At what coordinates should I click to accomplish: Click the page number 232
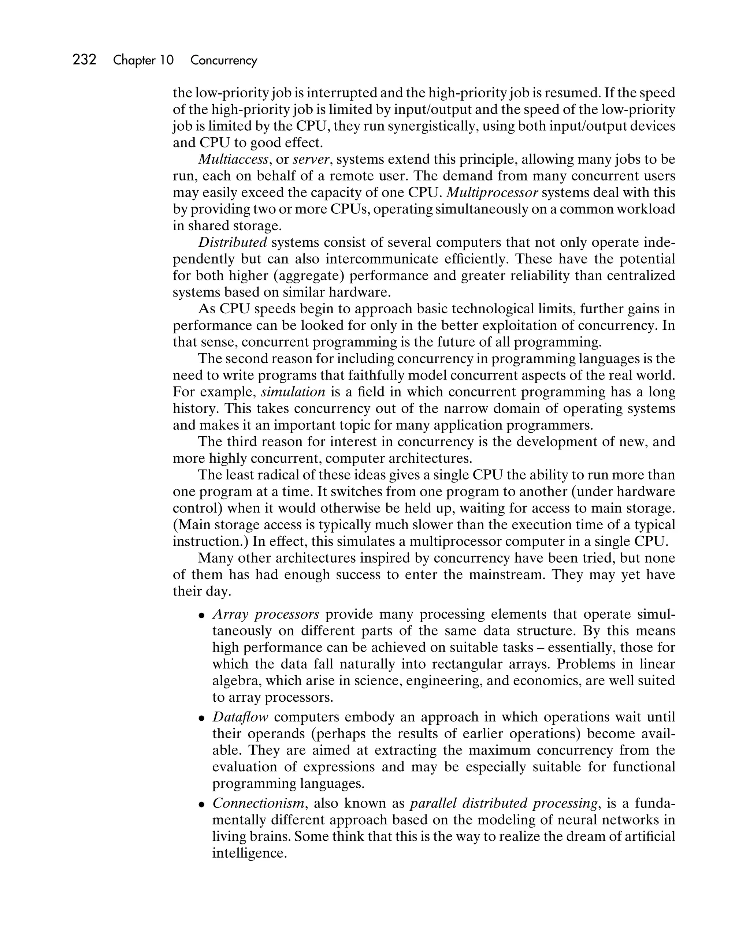[85, 60]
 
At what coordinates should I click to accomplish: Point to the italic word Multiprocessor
[492, 193]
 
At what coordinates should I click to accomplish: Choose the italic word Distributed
[233, 242]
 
